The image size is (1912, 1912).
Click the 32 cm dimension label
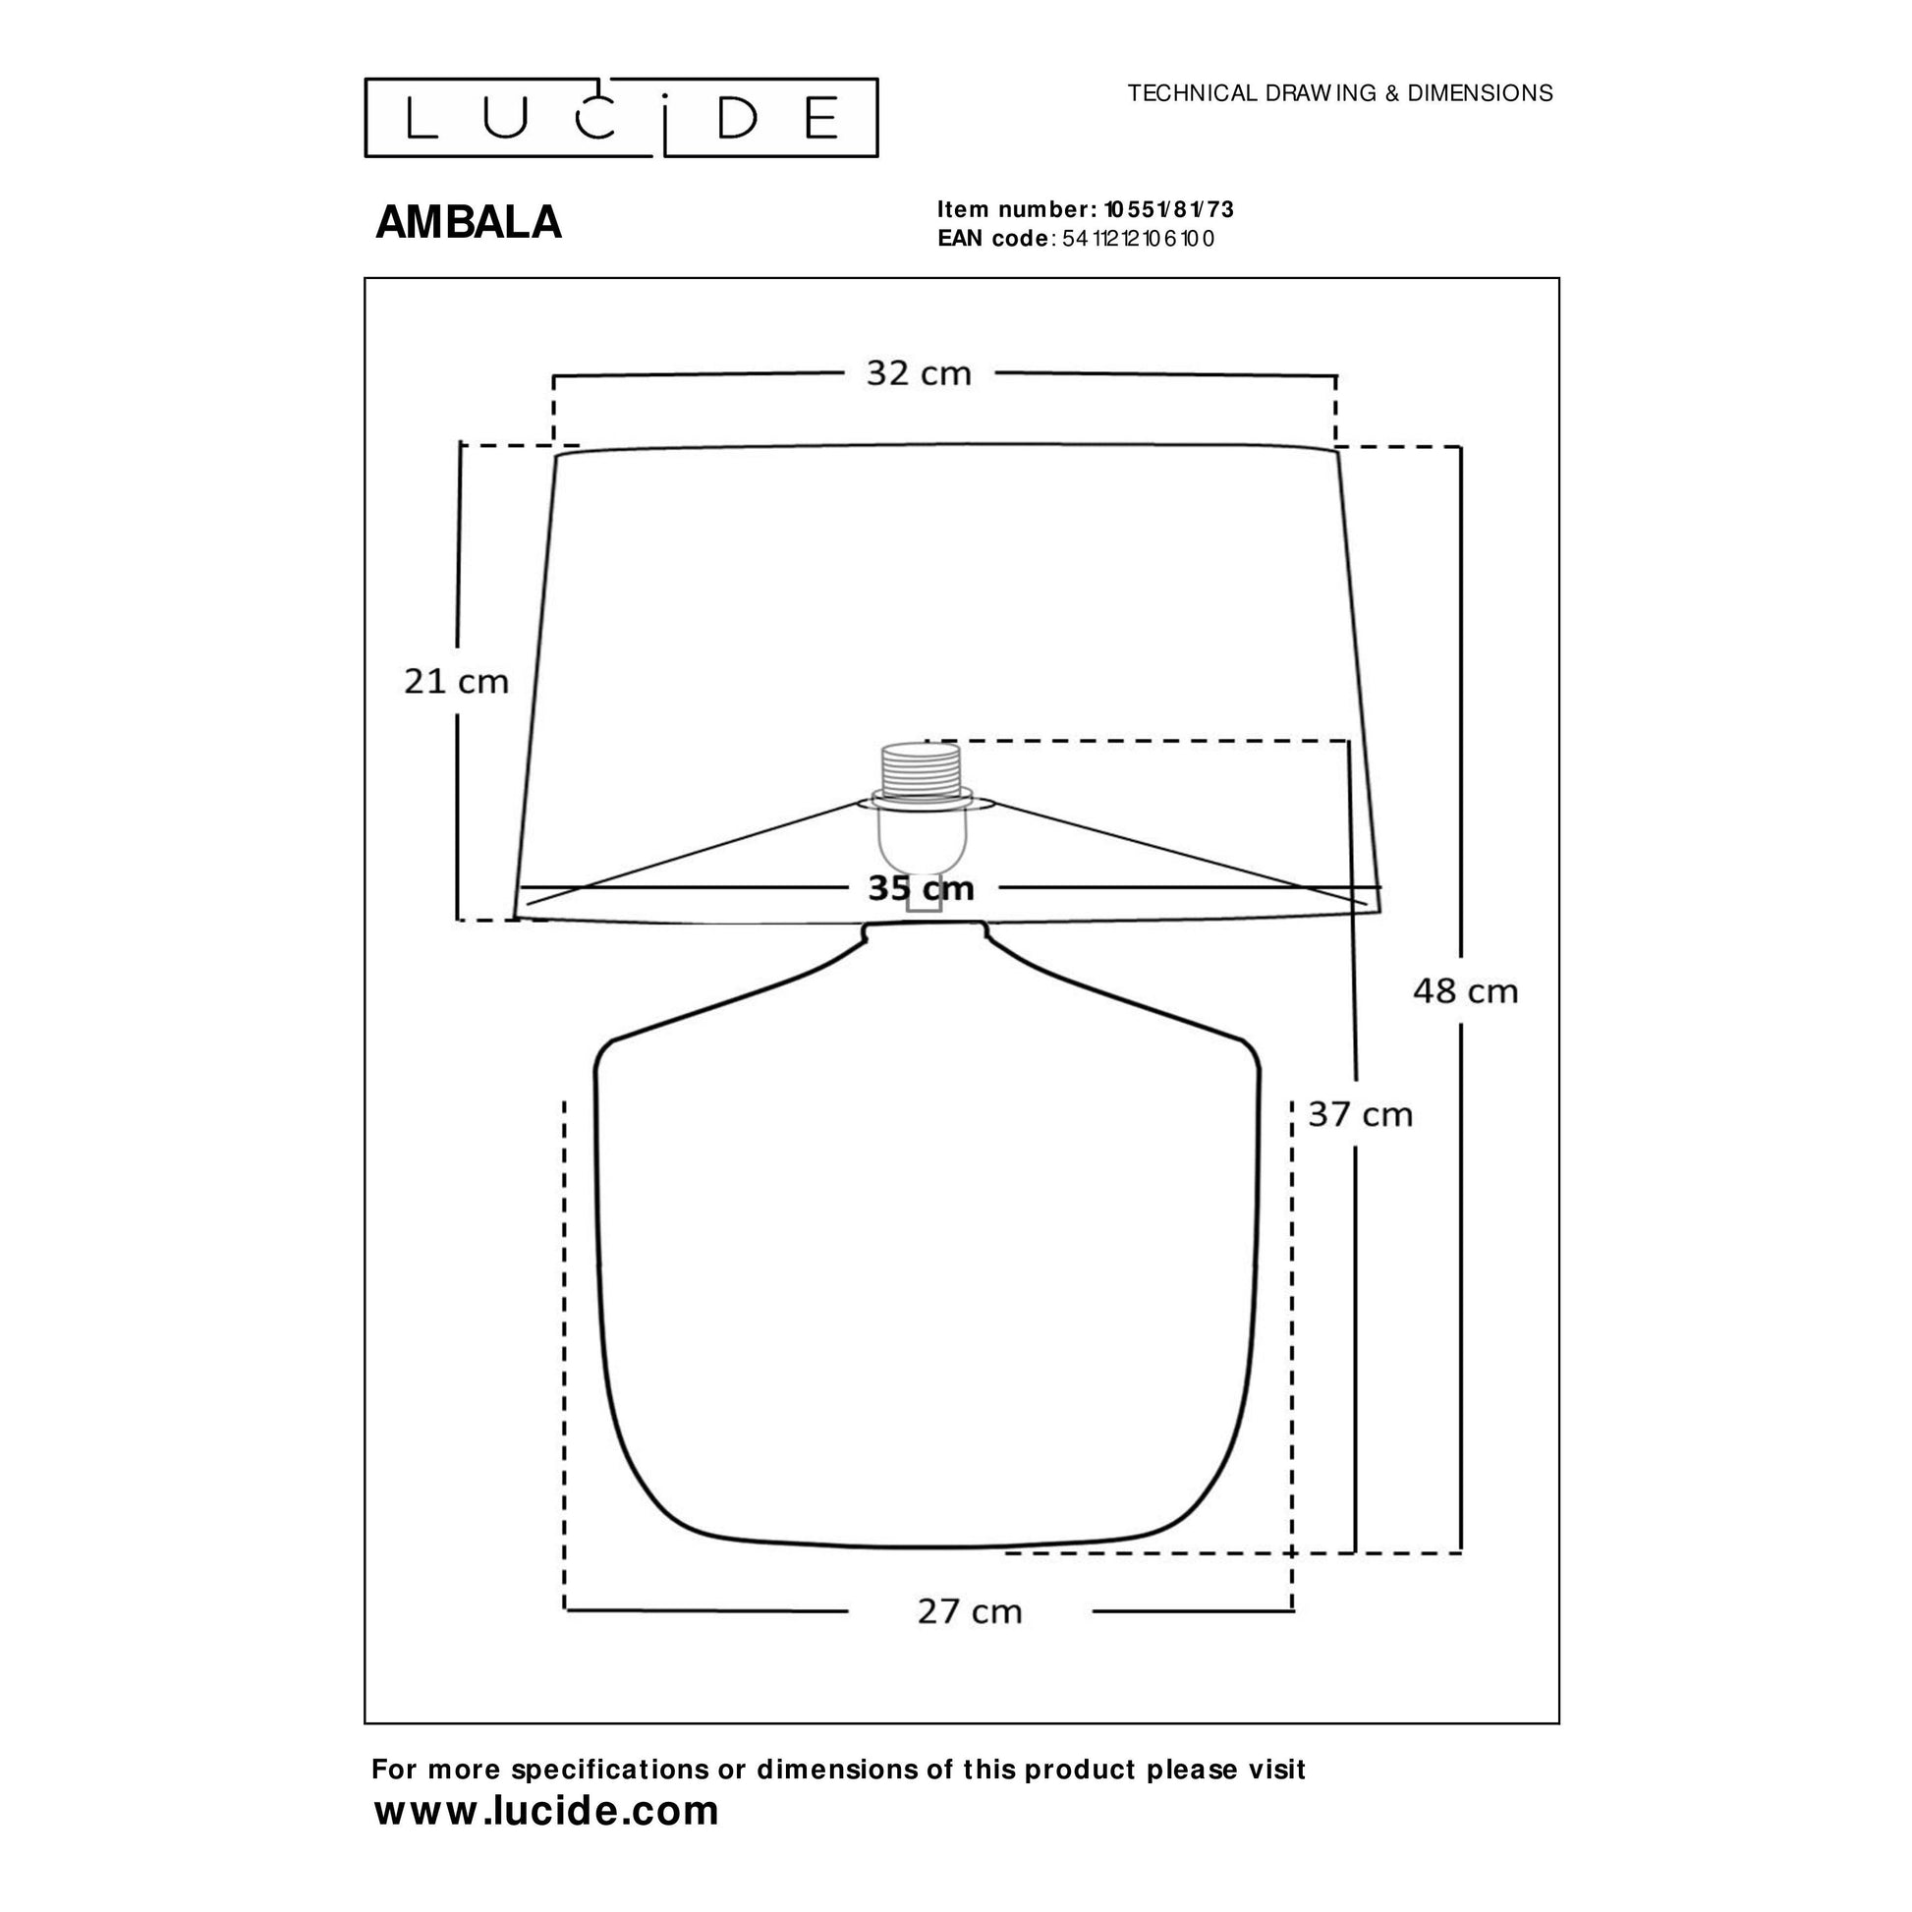coord(919,373)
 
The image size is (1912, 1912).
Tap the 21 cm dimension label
coord(456,681)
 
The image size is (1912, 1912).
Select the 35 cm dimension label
coord(922,888)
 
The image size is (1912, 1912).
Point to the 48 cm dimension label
coord(1465,990)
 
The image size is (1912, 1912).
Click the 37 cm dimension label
coord(1360,1114)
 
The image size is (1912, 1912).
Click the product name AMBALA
coord(468,223)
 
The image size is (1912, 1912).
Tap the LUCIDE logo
coord(622,118)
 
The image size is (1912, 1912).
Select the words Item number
coord(1012,210)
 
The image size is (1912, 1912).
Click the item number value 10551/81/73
coord(1169,210)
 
